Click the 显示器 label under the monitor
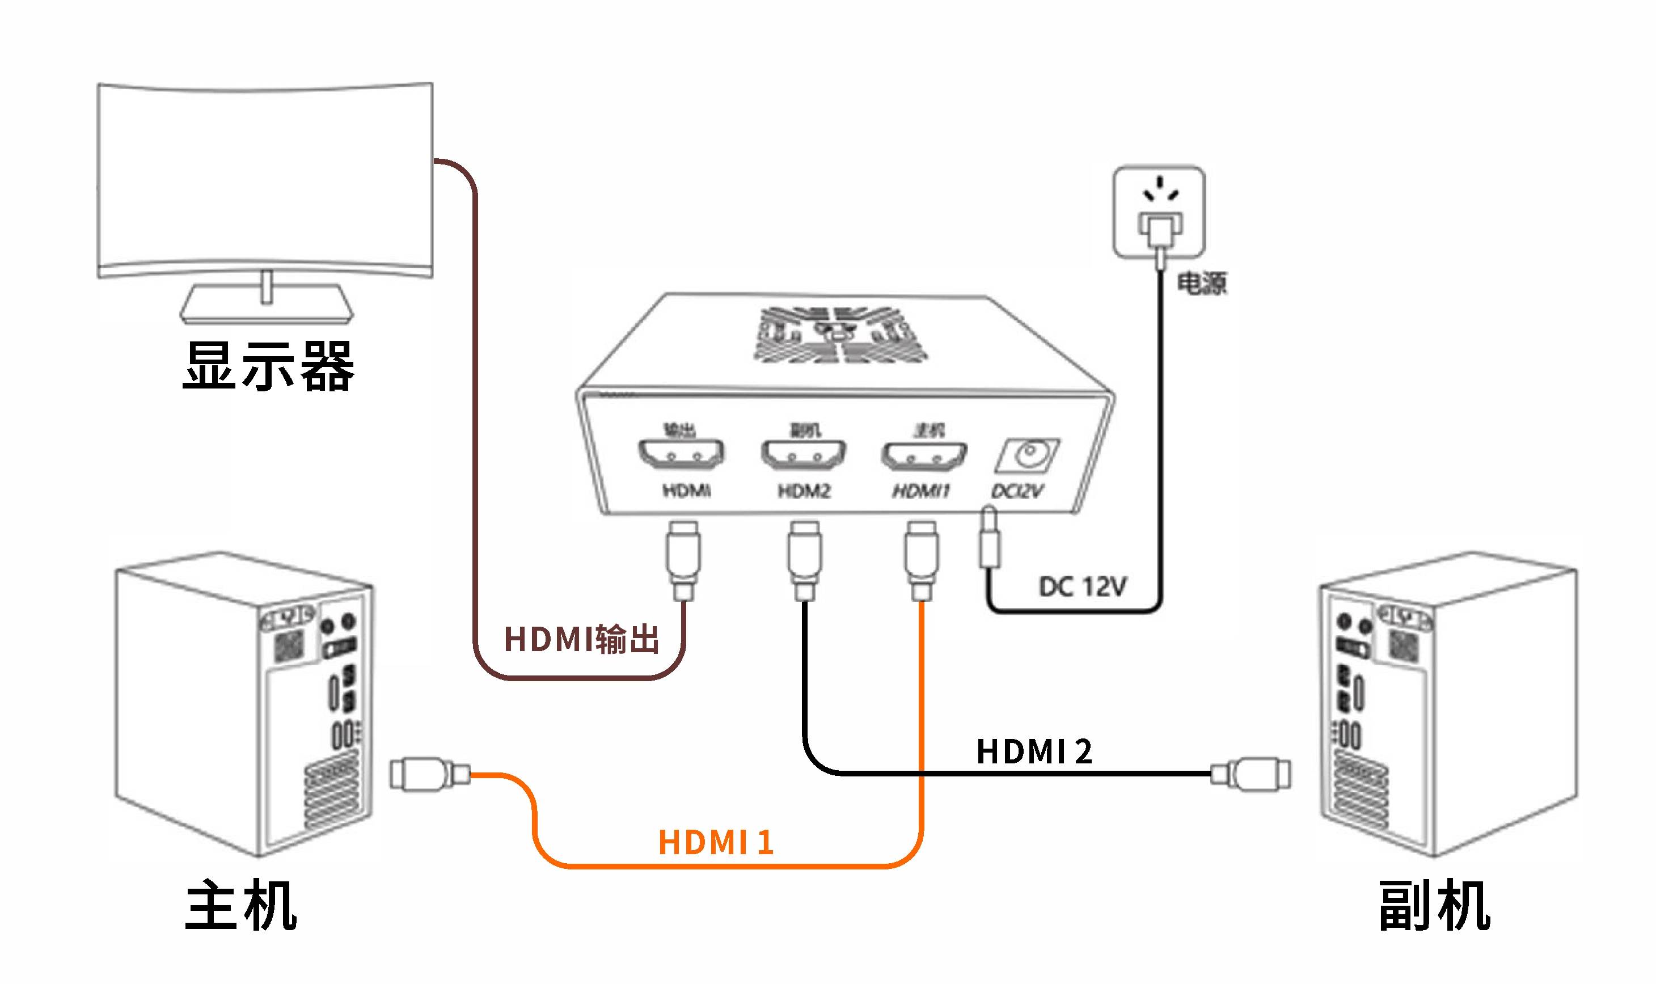coord(268,365)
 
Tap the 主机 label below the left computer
coord(240,906)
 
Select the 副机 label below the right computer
coord(1434,906)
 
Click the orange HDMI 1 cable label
coord(716,843)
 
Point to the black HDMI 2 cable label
coord(1034,752)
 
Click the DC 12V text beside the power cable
coord(1082,587)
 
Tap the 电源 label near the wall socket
coord(1201,283)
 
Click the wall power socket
coord(1158,212)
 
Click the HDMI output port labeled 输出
coord(681,454)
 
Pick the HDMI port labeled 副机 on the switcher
coord(804,454)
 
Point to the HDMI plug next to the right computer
coord(1251,774)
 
